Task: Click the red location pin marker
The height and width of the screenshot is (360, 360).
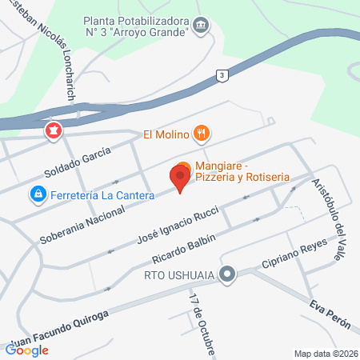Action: [x=180, y=177]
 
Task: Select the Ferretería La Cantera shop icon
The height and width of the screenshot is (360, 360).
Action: [x=37, y=194]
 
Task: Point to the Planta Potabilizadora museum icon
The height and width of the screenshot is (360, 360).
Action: [x=202, y=26]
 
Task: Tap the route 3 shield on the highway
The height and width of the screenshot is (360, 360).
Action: [x=221, y=74]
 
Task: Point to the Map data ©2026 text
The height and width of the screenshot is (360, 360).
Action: [x=324, y=353]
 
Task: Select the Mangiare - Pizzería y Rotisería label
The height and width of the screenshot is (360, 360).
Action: [x=240, y=169]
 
